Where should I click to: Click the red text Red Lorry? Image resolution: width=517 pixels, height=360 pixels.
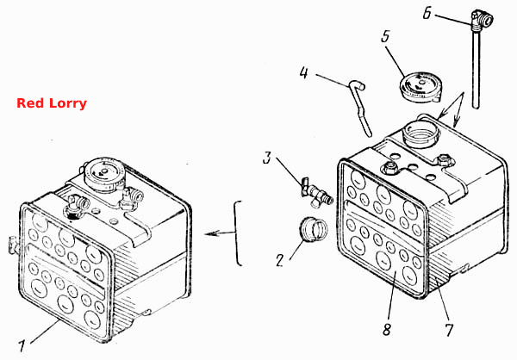click(x=52, y=103)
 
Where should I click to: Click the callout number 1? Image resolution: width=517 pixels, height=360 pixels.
click(x=22, y=346)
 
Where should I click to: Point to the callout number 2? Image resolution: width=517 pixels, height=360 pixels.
click(x=280, y=260)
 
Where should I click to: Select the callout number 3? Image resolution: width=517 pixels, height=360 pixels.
click(x=267, y=158)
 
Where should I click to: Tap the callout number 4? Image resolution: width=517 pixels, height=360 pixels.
click(x=303, y=72)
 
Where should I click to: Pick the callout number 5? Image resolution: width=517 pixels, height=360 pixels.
click(x=385, y=36)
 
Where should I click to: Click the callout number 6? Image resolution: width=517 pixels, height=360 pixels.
click(x=427, y=14)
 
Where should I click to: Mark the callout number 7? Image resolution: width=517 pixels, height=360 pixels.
click(x=448, y=330)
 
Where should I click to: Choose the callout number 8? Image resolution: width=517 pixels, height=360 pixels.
click(x=387, y=329)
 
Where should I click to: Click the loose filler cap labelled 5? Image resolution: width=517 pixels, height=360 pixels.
click(x=420, y=86)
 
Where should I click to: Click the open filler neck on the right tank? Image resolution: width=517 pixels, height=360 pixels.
click(x=423, y=133)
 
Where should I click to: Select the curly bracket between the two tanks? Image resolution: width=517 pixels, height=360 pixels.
click(x=238, y=233)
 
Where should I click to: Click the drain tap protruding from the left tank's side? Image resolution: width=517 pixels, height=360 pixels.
click(x=12, y=245)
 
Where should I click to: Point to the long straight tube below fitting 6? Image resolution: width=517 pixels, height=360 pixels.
click(x=476, y=69)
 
